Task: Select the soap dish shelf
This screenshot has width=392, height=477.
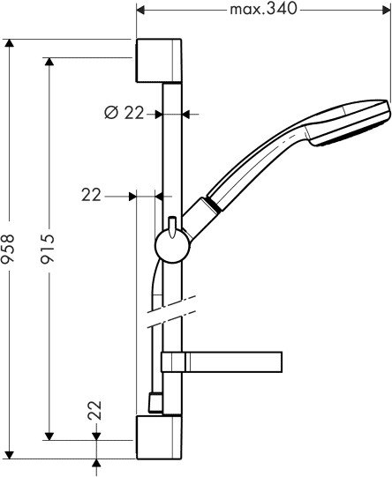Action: (x=234, y=361)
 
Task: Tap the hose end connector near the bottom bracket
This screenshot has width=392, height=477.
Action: (x=154, y=405)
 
